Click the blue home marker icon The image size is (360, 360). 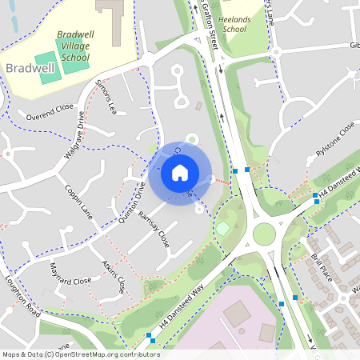[180, 172]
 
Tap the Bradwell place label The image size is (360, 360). [30, 68]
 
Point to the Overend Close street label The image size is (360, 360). [50, 111]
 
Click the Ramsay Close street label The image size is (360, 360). [154, 228]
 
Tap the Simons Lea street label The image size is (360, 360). [106, 96]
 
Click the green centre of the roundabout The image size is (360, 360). [264, 234]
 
